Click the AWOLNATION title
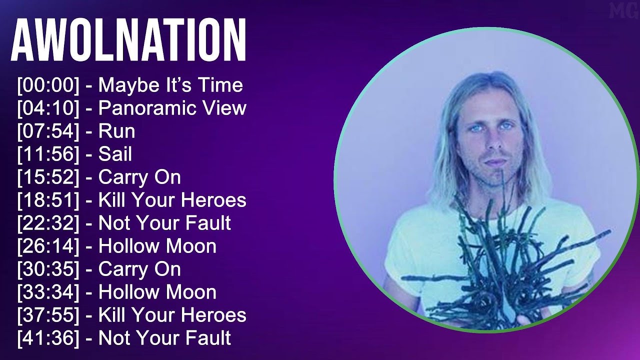coord(128,40)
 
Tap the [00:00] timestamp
coord(48,85)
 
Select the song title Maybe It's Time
coord(170,85)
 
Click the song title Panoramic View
coord(172,108)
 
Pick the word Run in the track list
coord(116,131)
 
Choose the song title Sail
coord(115,154)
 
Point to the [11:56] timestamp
coord(48,154)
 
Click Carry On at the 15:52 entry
coord(139,177)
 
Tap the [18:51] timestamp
coord(48,200)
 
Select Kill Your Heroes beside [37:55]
coord(172,315)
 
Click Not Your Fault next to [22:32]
coord(164,223)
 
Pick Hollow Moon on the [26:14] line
coord(157,246)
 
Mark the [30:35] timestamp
coord(48,269)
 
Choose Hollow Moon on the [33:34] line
coord(157,292)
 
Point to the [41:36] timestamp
coord(48,338)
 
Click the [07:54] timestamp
coord(48,131)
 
